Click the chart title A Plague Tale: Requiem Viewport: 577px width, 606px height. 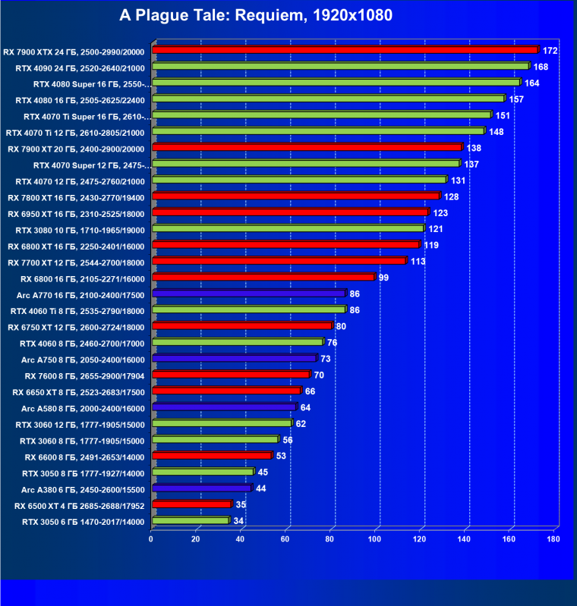click(256, 15)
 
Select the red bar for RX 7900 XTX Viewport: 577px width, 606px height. click(345, 50)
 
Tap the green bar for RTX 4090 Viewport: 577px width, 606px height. click(341, 67)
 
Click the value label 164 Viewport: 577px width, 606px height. click(531, 83)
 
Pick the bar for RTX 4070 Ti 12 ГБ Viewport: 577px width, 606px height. click(318, 131)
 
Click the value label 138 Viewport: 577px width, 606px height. click(474, 148)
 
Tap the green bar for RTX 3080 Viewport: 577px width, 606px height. click(288, 228)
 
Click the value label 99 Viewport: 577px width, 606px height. click(383, 278)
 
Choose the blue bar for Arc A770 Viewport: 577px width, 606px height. click(249, 294)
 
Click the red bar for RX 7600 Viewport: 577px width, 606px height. click(232, 375)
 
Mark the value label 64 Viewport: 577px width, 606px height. click(305, 408)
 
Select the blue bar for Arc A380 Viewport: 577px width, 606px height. click(202, 488)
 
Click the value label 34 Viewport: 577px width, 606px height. click(238, 521)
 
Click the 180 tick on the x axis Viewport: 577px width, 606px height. click(553, 539)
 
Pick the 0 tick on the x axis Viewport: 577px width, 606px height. click(152, 539)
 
